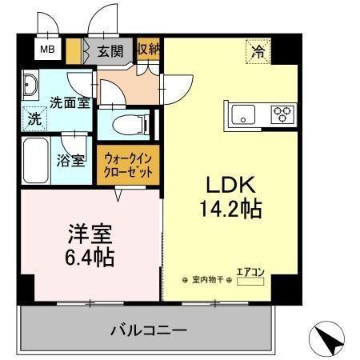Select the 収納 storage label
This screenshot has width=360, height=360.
click(x=147, y=50)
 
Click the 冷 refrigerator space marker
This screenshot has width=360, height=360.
click(x=258, y=52)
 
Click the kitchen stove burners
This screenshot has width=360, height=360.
click(x=282, y=114)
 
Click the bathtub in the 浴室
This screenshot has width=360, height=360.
click(x=35, y=160)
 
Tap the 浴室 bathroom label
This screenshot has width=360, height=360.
click(x=70, y=160)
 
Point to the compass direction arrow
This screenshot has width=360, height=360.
click(x=328, y=339)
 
